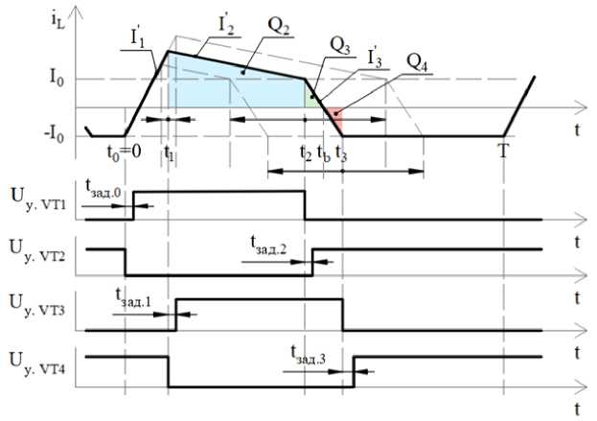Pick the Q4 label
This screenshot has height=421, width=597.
pos(418,58)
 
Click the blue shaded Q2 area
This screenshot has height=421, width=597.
pos(230,91)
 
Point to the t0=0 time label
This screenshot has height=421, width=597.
pos(126,151)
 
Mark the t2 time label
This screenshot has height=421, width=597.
pos(304,152)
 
